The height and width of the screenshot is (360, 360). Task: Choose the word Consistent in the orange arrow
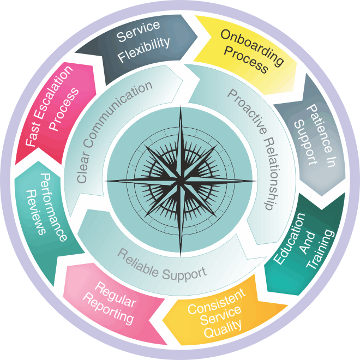pos(217,301)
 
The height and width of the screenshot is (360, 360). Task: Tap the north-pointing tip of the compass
pos(180,107)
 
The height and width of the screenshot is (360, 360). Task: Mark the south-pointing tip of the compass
pos(180,255)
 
